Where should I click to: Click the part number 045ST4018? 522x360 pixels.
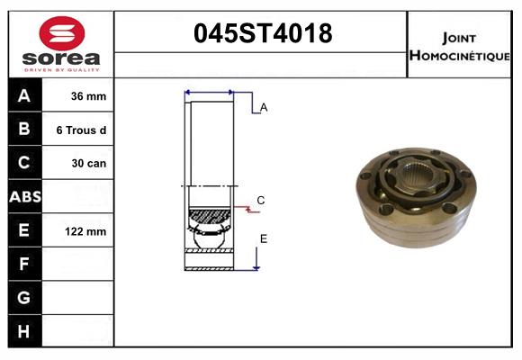click(263, 34)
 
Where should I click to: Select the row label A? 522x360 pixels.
click(24, 96)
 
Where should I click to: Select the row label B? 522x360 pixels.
click(24, 130)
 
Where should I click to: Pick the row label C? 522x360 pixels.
click(24, 163)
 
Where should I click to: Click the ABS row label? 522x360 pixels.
click(24, 196)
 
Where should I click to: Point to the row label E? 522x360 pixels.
click(24, 230)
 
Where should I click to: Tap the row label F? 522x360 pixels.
click(24, 264)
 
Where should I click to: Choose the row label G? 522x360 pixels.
click(24, 297)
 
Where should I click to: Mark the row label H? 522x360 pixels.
click(24, 331)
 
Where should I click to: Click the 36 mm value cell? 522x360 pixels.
click(88, 96)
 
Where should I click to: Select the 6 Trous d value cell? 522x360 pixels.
click(82, 130)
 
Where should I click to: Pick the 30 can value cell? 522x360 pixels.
click(88, 164)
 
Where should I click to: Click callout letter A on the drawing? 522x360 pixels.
click(264, 107)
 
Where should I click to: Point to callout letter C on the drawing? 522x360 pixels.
click(260, 200)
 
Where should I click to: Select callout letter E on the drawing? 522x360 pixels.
click(264, 238)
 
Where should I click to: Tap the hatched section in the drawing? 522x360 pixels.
click(209, 216)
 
